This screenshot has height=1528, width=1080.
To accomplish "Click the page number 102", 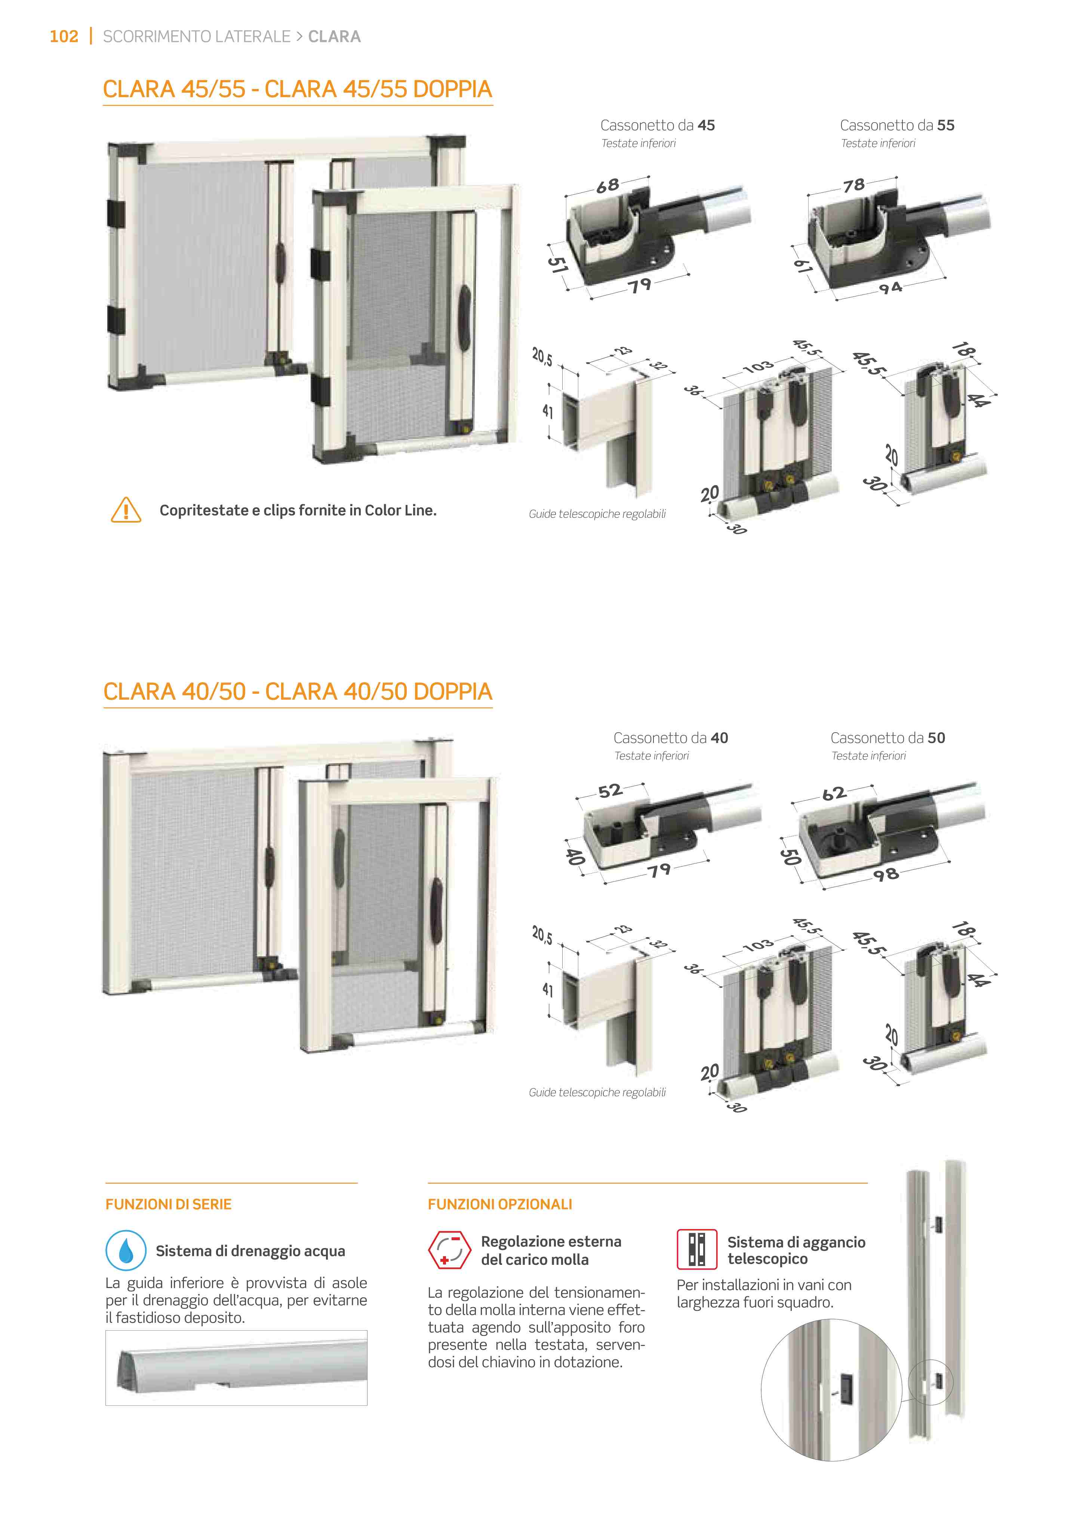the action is click(x=64, y=37).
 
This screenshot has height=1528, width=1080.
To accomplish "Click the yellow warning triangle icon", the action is click(x=126, y=511).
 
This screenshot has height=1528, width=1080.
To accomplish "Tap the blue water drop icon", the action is click(x=126, y=1251).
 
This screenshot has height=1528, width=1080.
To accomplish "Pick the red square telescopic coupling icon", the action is click(x=697, y=1249).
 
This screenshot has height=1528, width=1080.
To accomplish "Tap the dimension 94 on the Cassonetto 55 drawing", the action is click(x=890, y=287).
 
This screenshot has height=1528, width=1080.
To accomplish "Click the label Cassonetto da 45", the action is click(x=658, y=125).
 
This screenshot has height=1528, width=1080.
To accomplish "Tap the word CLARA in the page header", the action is click(x=334, y=37).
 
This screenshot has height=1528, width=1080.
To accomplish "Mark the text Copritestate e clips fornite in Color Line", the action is click(x=298, y=511).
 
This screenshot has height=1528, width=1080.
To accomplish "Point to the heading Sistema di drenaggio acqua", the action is click(x=250, y=1251).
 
